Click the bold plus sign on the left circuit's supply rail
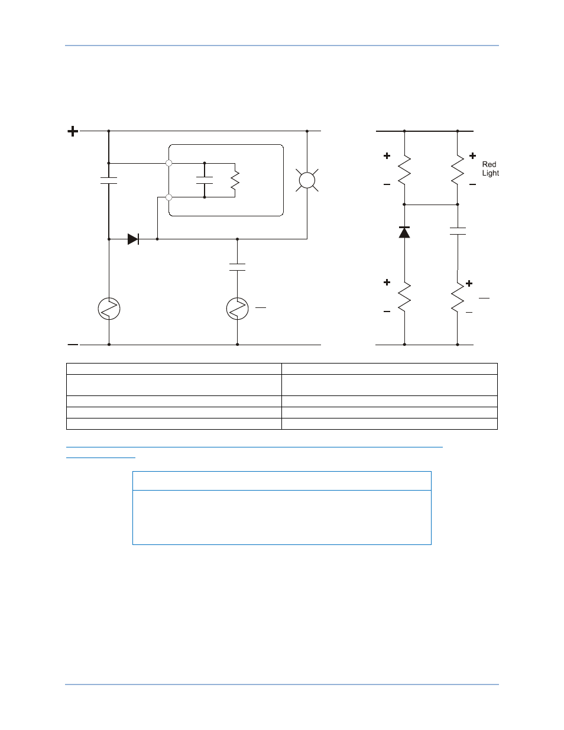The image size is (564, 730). [x=73, y=131]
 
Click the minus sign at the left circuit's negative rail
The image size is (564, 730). [x=73, y=345]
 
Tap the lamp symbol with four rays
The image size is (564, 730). [x=307, y=180]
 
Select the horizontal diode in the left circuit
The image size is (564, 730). [x=134, y=239]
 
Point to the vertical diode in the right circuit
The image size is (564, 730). [x=404, y=232]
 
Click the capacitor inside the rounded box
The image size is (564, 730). [x=205, y=180]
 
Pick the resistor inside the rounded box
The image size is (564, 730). [x=235, y=180]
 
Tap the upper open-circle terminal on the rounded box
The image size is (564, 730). [x=169, y=163]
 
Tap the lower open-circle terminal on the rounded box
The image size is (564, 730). [x=169, y=197]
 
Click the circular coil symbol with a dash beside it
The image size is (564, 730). [x=238, y=309]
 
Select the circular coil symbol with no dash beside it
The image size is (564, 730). [x=109, y=309]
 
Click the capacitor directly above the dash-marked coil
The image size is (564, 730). [x=238, y=267]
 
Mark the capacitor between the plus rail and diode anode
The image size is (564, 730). [x=109, y=180]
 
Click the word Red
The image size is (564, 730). [x=489, y=164]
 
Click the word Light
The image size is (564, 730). [x=491, y=173]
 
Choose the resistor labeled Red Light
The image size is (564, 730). [x=458, y=170]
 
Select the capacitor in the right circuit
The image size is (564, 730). [x=458, y=231]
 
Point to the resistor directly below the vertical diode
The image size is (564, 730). [x=404, y=296]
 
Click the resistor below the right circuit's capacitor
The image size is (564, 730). [x=458, y=297]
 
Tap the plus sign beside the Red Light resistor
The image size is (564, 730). [x=472, y=155]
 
